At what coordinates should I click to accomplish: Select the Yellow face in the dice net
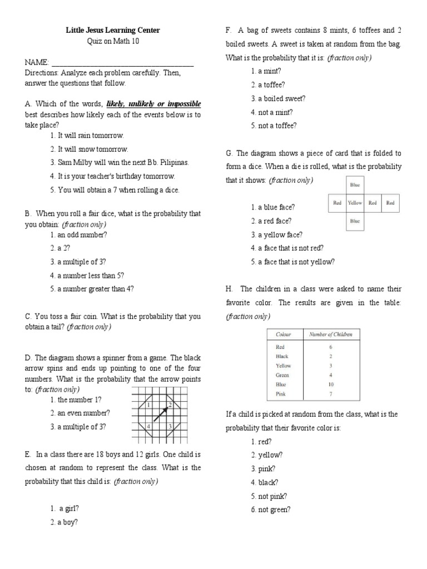pos(355,203)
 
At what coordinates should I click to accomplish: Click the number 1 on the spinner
pos(149,405)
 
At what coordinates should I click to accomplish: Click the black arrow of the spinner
pos(161,415)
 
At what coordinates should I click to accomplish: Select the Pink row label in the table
pos(281,394)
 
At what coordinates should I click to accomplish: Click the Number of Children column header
pos(331,334)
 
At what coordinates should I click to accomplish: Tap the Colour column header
pos(284,334)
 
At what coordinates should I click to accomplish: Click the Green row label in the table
pos(282,375)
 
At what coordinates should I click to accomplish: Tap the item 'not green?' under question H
pos(274,510)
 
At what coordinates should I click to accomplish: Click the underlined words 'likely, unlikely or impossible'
pos(153,104)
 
